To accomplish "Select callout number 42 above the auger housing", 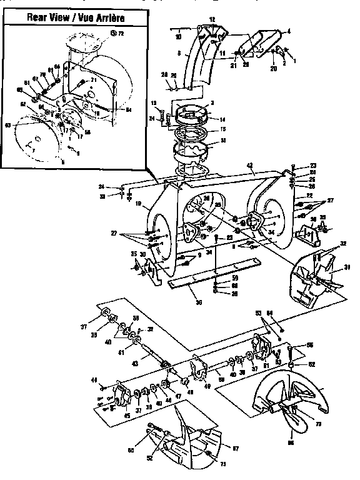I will click(249, 166).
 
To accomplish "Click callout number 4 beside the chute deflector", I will click(289, 30).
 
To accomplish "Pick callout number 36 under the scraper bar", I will click(199, 302).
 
